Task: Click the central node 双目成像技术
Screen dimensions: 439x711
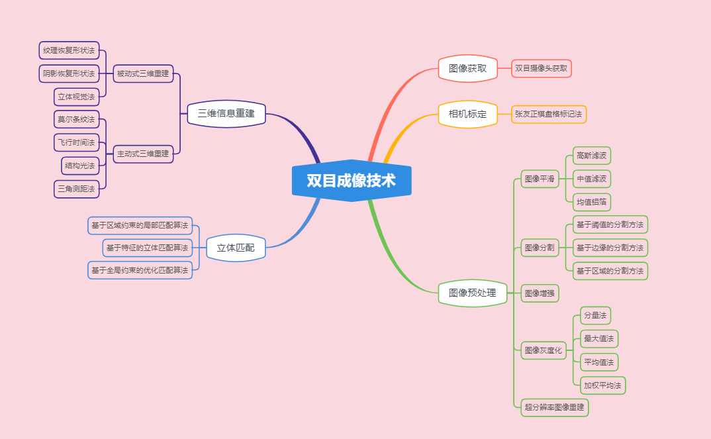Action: pos(352,181)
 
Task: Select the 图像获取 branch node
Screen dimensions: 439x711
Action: pos(468,68)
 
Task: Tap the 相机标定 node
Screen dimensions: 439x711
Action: pos(468,114)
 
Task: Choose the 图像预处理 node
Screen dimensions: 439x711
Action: pos(472,293)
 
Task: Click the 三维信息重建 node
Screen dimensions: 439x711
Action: pos(226,114)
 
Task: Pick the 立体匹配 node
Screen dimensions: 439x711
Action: pos(236,248)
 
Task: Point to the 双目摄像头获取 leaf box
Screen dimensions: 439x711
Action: pos(541,68)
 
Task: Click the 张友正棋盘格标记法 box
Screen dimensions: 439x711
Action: pos(548,114)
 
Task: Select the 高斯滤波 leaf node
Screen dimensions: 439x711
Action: pos(591,156)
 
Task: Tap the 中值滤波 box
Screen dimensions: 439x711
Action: pos(591,179)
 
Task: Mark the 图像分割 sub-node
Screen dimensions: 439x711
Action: pos(540,248)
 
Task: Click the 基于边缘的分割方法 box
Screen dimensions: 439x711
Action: pos(610,248)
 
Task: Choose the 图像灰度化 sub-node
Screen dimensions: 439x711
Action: pos(543,350)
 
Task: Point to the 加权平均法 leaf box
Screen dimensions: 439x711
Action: pos(602,385)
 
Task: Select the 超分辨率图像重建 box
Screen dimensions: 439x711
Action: pos(554,407)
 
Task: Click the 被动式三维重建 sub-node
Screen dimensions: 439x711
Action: pos(142,73)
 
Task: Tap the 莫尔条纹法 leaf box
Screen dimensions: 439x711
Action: pos(76,120)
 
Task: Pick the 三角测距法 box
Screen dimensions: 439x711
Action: pos(76,189)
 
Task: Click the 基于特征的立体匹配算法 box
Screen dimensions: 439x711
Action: pos(147,248)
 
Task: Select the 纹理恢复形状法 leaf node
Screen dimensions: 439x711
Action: pos(69,50)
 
